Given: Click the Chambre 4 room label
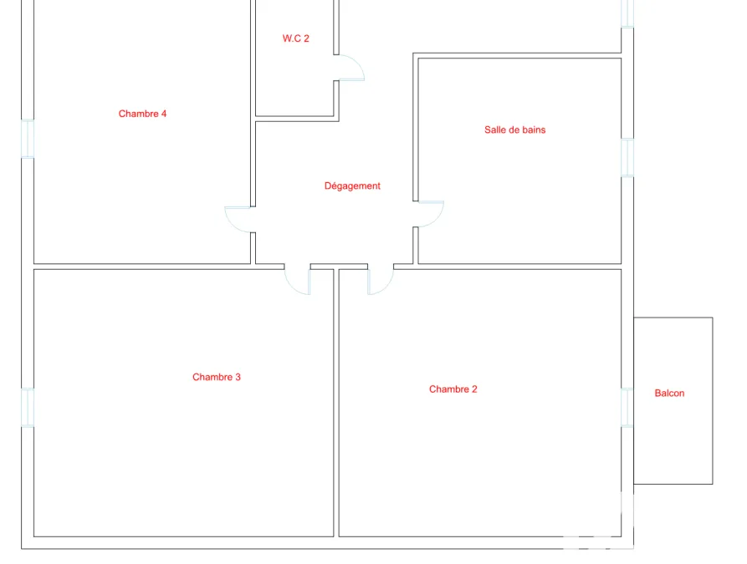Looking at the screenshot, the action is (142, 114).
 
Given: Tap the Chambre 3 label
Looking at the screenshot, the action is (217, 377).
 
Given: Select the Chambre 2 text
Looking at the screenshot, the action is (453, 389).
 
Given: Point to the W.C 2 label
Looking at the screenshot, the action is (296, 38).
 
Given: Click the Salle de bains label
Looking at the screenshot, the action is (515, 130).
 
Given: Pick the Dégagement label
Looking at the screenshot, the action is (352, 186).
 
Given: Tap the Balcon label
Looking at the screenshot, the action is (669, 394).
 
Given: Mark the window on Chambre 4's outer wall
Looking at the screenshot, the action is (28, 139).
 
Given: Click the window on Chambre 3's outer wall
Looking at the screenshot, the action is (28, 408).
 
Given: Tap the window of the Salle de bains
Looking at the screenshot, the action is (627, 158).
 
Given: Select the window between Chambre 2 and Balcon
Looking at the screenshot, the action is (627, 408).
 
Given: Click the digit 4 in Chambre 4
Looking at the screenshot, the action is (164, 114).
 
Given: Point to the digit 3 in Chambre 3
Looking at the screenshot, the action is (238, 377).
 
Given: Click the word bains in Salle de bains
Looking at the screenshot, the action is (534, 130).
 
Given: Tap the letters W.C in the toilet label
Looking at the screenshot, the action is (292, 38).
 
